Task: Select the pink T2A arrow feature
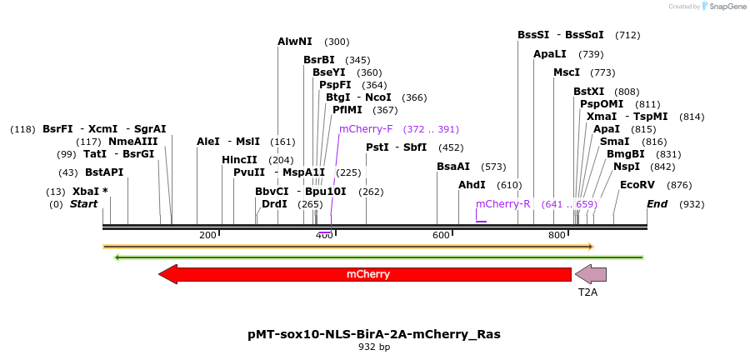[x=591, y=274]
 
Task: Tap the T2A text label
[x=588, y=292]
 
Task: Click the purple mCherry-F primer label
[x=366, y=129]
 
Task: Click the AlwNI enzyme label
[x=295, y=42]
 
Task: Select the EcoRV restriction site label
[x=637, y=185]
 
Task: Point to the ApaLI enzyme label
[x=550, y=54]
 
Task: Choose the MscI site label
[x=567, y=72]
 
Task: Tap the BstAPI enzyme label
[x=104, y=172]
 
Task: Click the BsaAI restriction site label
[x=453, y=167]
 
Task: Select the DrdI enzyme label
[x=274, y=204]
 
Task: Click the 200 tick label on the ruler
[x=207, y=236]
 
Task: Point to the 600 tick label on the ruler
[x=441, y=236]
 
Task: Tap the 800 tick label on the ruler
[x=557, y=236]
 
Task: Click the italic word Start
[x=83, y=204]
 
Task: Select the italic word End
[x=657, y=204]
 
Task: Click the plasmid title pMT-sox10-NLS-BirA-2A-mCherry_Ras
[x=374, y=333]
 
